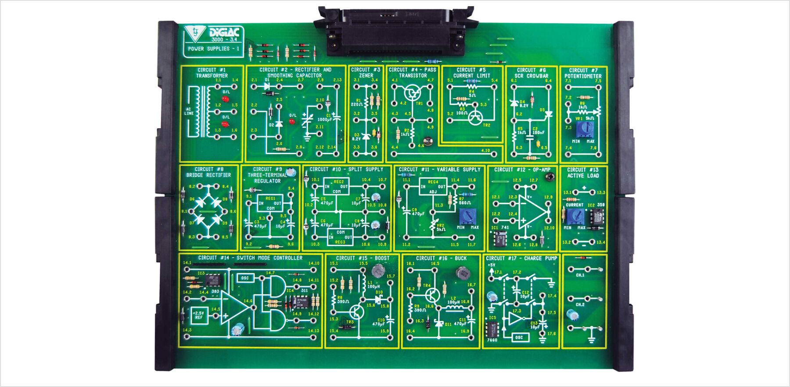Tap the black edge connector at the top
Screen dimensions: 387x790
click(395, 31)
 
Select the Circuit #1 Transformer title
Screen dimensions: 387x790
click(212, 72)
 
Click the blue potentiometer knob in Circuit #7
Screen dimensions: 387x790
click(584, 128)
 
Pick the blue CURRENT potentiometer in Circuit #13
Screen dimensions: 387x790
click(575, 216)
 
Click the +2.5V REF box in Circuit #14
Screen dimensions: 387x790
click(199, 315)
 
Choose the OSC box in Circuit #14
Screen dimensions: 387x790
click(245, 278)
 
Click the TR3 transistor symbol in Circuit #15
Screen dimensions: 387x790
click(357, 312)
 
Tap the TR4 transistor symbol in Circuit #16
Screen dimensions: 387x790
click(433, 294)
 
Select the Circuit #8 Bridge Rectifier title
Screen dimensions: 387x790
click(208, 172)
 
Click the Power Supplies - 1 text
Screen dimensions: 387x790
click(213, 49)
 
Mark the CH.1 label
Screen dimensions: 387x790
click(580, 275)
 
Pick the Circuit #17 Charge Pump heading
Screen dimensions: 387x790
click(521, 258)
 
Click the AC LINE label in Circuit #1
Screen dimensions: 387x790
click(189, 111)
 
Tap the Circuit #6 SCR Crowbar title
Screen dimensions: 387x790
click(531, 73)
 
